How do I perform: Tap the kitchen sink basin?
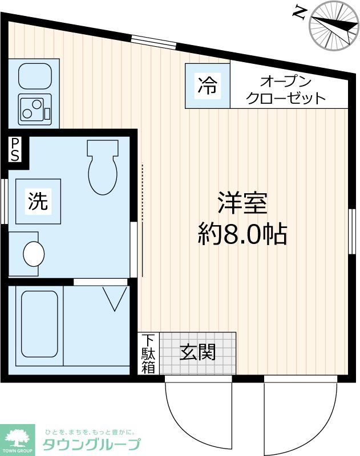click(x=34, y=75)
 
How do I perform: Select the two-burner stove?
click(x=34, y=108)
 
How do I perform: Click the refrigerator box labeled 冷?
click(x=207, y=85)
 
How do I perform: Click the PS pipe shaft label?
click(x=15, y=149)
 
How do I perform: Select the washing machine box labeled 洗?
click(x=38, y=201)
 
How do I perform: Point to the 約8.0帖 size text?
click(x=242, y=233)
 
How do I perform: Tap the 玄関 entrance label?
click(x=198, y=352)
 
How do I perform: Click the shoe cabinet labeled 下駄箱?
click(x=148, y=353)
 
